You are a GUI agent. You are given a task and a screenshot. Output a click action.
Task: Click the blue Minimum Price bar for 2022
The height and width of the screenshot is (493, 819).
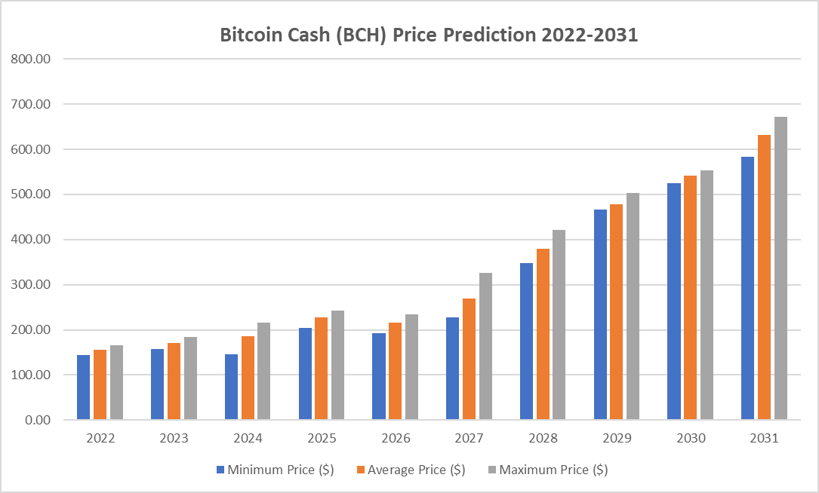point(83,387)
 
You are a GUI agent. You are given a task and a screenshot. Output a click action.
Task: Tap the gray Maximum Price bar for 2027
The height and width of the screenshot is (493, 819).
point(485,346)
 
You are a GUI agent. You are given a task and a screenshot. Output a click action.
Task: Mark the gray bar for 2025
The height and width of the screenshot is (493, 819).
point(337,365)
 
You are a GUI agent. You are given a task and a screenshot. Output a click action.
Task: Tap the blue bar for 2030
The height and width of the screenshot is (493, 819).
point(674,302)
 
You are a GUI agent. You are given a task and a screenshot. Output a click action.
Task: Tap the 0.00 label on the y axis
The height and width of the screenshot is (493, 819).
point(38,420)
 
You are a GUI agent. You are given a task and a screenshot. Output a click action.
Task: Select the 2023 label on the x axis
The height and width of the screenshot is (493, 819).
point(174,438)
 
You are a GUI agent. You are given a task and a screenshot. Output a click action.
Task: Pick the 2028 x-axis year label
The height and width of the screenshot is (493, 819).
point(543,438)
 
